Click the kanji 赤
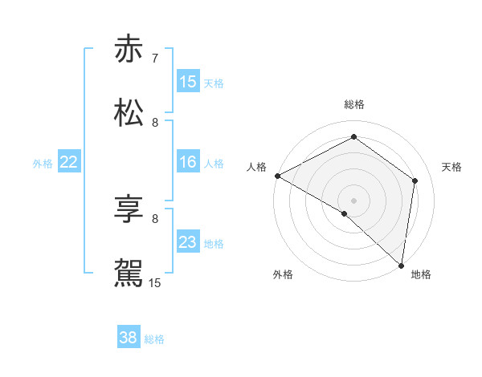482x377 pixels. pyautogui.click(x=129, y=50)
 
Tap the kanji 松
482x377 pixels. pyautogui.click(x=129, y=112)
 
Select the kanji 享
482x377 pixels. pyautogui.click(x=129, y=211)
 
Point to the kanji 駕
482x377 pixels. pyautogui.click(x=129, y=273)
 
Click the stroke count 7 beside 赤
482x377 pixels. pyautogui.click(x=155, y=59)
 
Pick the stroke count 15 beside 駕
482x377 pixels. pyautogui.click(x=155, y=282)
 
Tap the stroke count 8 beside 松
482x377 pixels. pyautogui.click(x=155, y=122)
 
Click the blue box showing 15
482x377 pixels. pyautogui.click(x=188, y=82)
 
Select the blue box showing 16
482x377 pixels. pyautogui.click(x=188, y=163)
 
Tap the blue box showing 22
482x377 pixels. pyautogui.click(x=69, y=163)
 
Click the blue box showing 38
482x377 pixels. pyautogui.click(x=129, y=338)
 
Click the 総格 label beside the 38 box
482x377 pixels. pyautogui.click(x=154, y=339)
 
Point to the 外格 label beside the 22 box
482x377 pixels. pyautogui.click(x=43, y=164)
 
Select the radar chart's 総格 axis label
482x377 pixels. pyautogui.click(x=354, y=104)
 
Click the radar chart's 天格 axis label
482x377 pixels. pyautogui.click(x=452, y=167)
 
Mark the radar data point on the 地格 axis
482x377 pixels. pyautogui.click(x=401, y=265)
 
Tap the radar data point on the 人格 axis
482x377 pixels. pyautogui.click(x=277, y=176)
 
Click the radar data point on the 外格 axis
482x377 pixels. pyautogui.click(x=345, y=213)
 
